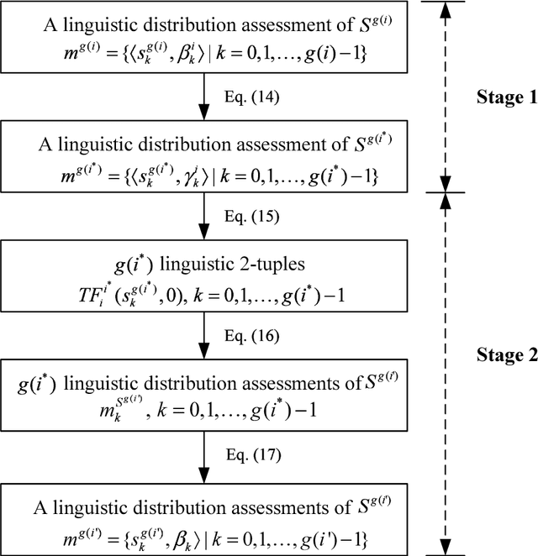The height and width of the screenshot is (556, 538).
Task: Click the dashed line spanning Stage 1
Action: (446, 97)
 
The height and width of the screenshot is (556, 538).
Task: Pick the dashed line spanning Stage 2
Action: (446, 370)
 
